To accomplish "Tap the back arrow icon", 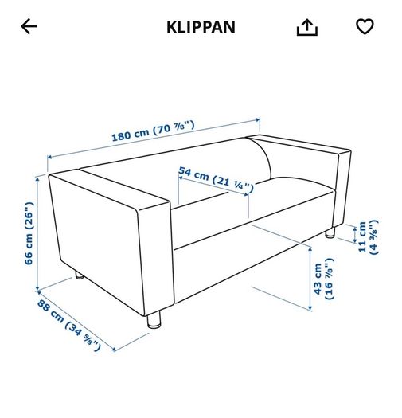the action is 29,26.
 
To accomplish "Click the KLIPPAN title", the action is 201,27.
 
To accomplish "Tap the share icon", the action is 307,27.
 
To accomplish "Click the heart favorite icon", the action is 365,26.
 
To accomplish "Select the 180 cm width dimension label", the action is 153,131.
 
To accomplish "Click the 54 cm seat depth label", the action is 216,180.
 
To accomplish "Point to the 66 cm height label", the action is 29,233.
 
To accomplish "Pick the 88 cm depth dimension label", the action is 69,325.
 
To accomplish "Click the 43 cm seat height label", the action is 323,279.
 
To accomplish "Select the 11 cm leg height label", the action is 368,237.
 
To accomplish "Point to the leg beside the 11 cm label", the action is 330,232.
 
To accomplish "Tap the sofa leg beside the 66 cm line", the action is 79,275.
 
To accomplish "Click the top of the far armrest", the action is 299,145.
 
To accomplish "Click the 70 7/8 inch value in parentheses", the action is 174,127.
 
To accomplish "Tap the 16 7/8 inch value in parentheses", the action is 330,279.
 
